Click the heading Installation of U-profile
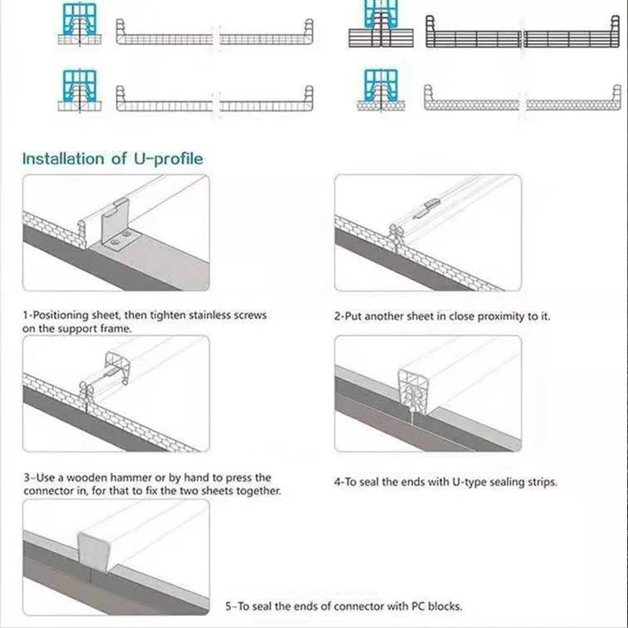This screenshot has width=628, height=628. (x=112, y=159)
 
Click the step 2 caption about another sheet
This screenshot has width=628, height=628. (x=442, y=317)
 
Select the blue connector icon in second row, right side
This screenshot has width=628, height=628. (x=380, y=85)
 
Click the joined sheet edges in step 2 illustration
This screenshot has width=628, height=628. (x=397, y=235)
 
